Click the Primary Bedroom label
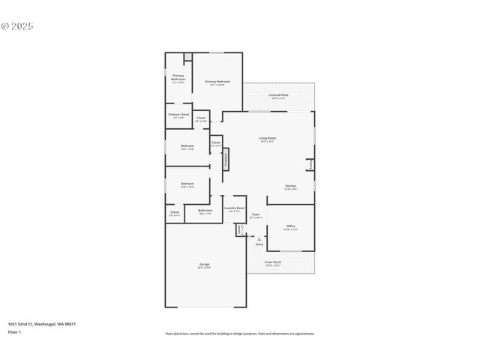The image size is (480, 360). [x=217, y=82]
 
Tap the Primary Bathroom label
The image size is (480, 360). [x=178, y=78]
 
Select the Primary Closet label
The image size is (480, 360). [x=178, y=115]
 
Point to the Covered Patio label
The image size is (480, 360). [x=279, y=96]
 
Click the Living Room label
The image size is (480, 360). [x=268, y=139]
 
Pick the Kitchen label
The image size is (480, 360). [x=290, y=187]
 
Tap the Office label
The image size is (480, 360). [x=290, y=227]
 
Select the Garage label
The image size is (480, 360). [x=204, y=265]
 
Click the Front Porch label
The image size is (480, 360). [x=272, y=263]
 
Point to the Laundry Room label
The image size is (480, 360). [x=235, y=209]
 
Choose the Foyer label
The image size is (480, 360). [x=256, y=216]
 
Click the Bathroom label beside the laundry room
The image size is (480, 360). [x=205, y=211]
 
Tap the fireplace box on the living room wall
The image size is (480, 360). [x=225, y=159]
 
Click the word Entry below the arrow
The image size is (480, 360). [x=259, y=244]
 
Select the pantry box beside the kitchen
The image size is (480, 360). [x=310, y=164]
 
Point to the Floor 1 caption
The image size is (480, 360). [x=14, y=331]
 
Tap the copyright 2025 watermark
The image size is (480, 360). [x=17, y=26]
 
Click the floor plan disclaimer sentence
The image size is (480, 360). [x=240, y=334]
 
